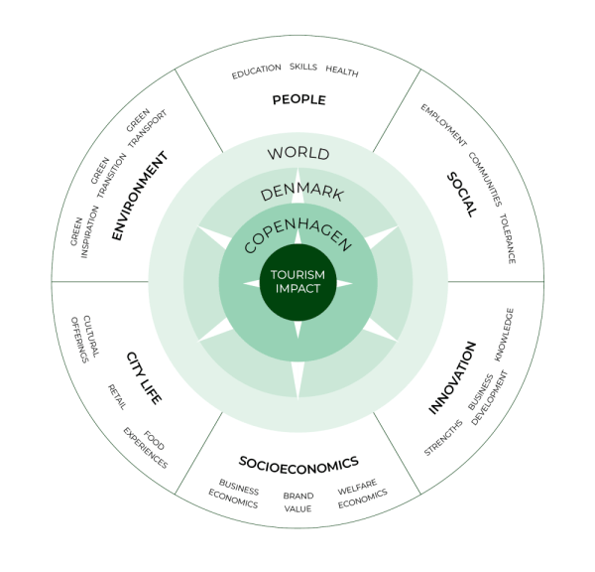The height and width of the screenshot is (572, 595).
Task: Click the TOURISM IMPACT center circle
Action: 298,282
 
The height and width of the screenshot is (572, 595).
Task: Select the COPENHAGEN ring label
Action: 297,227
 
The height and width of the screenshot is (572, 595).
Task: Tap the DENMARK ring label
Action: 297,188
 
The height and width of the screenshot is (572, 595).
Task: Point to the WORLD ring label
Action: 298,154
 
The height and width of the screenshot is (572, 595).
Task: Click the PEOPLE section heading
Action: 298,100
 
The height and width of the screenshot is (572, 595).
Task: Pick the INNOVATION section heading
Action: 453,378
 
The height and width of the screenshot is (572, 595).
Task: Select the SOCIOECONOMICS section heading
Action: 298,462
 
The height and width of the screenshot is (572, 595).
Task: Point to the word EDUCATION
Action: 257,73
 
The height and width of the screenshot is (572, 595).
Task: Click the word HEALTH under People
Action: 341,72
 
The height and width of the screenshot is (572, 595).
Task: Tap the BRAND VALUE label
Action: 298,501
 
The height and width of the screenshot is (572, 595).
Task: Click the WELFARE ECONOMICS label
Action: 361,497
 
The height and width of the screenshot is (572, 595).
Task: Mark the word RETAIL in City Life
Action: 117,396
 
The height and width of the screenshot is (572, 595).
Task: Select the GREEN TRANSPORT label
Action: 146,126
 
